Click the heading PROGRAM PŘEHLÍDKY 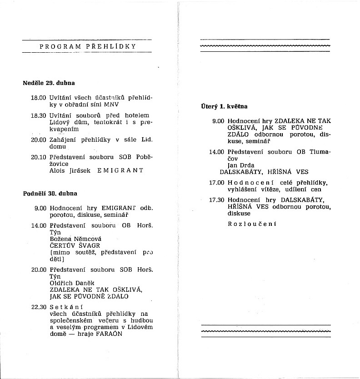click(88, 46)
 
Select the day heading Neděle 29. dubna click(49, 83)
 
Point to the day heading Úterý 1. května click(224, 107)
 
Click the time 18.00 click(39, 98)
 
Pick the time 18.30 click(39, 116)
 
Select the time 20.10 click(39, 157)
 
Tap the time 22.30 click(39, 307)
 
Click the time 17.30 click(217, 199)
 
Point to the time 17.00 click(217, 182)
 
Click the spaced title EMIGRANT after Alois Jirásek click(120, 170)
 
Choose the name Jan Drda click(241, 165)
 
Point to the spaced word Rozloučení click(252, 224)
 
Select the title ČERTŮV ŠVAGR click(74, 245)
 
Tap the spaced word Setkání click(66, 307)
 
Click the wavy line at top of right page click(265, 46)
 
